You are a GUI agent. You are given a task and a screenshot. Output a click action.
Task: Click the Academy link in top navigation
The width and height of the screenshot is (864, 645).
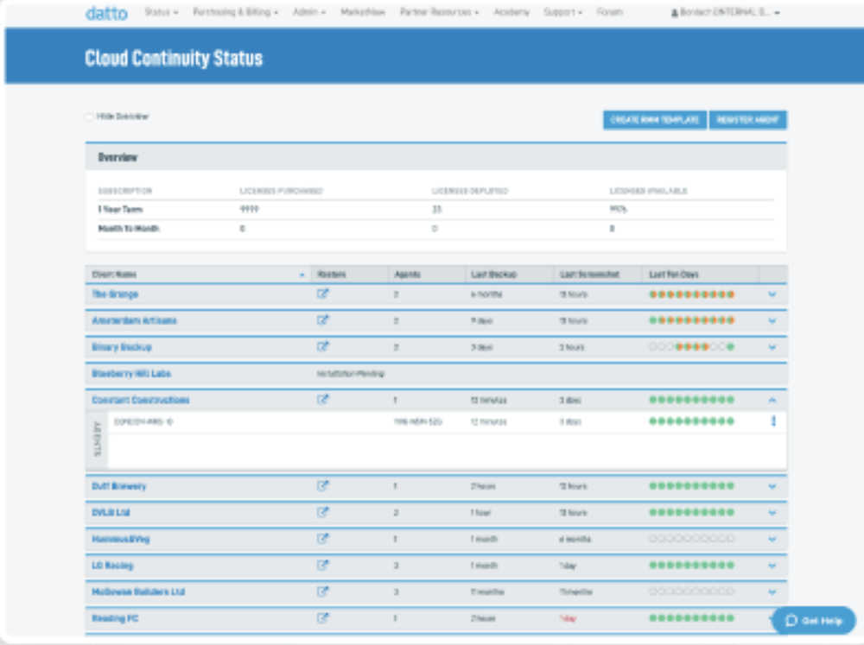511,13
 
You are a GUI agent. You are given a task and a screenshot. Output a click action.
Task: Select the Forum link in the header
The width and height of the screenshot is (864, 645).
609,13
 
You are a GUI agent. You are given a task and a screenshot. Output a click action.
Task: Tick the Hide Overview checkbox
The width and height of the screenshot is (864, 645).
89,117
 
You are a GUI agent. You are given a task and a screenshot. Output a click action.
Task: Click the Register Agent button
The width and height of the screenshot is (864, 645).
748,120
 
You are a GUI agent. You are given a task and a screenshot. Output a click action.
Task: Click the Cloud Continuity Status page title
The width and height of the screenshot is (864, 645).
174,59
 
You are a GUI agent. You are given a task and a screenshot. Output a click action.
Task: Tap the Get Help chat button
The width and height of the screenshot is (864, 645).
814,620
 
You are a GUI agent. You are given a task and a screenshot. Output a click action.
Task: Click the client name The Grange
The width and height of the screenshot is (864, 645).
116,294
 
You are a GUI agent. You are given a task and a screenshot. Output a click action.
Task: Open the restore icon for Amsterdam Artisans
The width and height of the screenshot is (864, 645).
323,320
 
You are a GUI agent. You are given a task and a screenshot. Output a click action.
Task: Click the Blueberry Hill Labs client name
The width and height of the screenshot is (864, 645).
131,374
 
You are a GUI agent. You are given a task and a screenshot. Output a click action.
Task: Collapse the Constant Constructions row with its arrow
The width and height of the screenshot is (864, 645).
772,401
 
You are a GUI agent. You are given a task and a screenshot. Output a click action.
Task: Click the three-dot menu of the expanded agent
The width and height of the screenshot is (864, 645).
773,421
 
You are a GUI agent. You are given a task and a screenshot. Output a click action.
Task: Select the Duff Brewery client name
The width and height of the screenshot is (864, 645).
119,486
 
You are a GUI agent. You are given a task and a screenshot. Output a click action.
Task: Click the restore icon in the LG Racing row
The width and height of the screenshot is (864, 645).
323,566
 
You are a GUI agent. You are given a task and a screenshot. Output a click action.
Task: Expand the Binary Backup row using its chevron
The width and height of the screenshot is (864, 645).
772,347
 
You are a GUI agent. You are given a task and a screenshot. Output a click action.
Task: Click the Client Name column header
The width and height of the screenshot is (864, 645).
115,275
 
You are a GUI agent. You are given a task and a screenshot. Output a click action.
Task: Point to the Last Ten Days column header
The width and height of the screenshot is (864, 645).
674,275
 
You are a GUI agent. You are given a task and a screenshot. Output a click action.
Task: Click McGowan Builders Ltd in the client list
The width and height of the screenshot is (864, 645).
138,592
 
